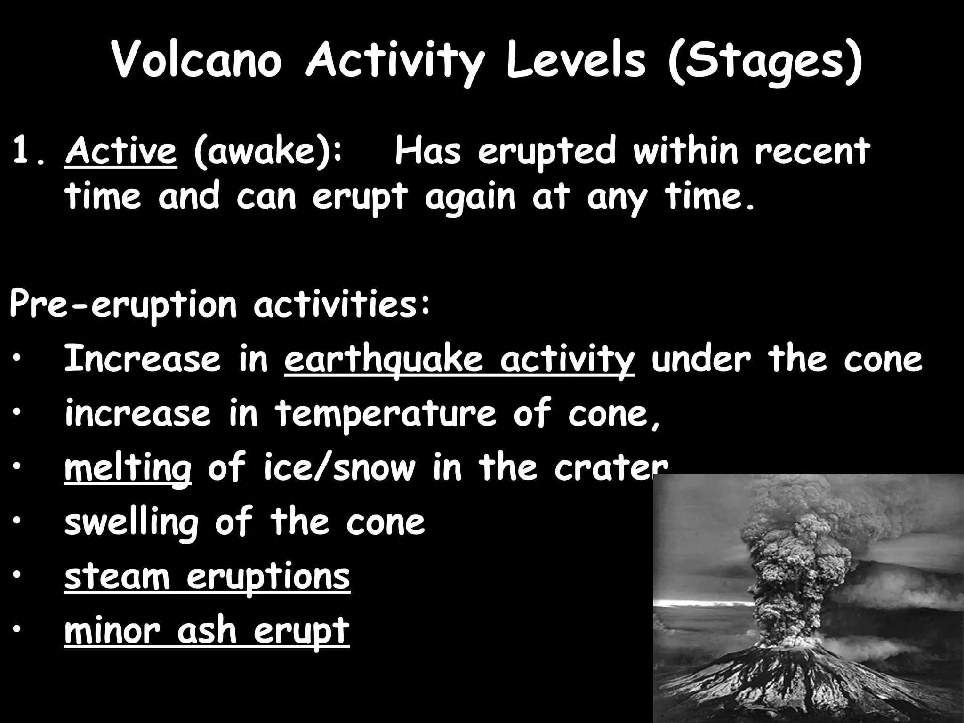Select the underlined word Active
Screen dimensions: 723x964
pyautogui.click(x=120, y=152)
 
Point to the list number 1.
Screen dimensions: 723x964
pyautogui.click(x=29, y=152)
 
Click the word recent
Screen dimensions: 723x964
pyautogui.click(x=812, y=152)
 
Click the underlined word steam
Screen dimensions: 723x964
pyautogui.click(x=117, y=577)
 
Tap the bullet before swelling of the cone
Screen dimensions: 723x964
pyautogui.click(x=17, y=522)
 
